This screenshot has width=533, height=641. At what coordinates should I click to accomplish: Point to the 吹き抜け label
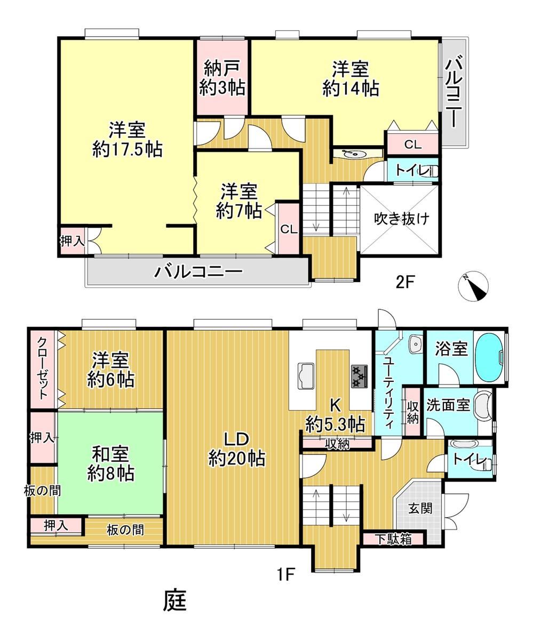401,219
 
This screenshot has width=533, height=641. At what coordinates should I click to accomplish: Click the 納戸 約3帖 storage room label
222,78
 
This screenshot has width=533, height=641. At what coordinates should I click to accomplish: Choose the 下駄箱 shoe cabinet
394,539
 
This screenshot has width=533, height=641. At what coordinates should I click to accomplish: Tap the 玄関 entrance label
420,508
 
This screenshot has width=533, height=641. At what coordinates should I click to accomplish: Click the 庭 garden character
174,609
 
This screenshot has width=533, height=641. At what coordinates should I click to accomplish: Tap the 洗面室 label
448,405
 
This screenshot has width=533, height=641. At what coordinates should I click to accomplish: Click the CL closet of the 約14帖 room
413,143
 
